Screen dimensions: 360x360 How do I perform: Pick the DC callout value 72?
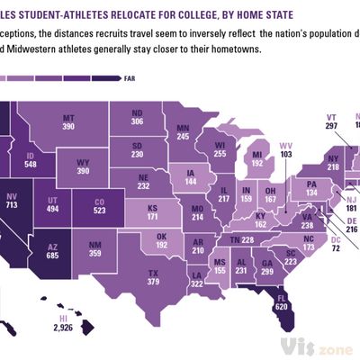[x=335, y=245]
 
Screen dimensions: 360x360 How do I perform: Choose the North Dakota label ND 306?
[x=137, y=117]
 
